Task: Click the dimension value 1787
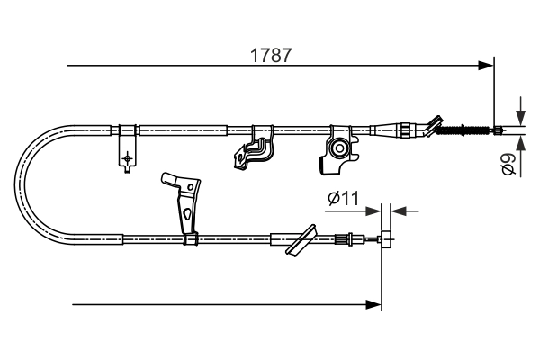[x=270, y=54]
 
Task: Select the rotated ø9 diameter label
[x=508, y=166]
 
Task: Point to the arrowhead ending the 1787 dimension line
[x=487, y=65]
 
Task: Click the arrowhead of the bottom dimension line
[x=375, y=305]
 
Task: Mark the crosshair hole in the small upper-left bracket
[x=128, y=159]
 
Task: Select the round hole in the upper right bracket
[x=340, y=148]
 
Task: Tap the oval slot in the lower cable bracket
[x=185, y=214]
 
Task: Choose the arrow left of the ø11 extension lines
[x=373, y=211]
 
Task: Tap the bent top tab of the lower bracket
[x=169, y=178]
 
